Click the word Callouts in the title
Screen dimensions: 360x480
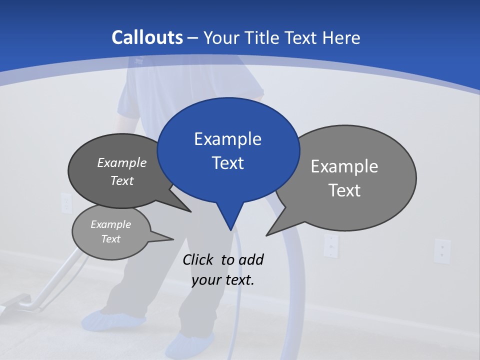click(147, 37)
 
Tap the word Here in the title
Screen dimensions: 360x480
click(341, 37)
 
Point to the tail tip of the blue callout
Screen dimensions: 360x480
click(230, 229)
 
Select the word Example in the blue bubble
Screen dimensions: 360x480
click(227, 139)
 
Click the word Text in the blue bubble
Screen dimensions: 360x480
click(228, 163)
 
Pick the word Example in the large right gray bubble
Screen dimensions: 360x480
click(344, 166)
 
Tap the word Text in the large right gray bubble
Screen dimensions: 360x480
click(344, 190)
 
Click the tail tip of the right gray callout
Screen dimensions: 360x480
click(267, 234)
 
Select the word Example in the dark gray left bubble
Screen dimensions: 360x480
click(122, 162)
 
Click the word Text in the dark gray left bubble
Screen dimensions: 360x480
click(122, 180)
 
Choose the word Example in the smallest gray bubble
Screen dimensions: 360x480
click(111, 224)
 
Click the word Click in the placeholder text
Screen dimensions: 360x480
click(199, 259)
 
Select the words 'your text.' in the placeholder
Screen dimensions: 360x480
click(223, 280)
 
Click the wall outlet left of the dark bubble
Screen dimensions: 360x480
click(66, 202)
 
